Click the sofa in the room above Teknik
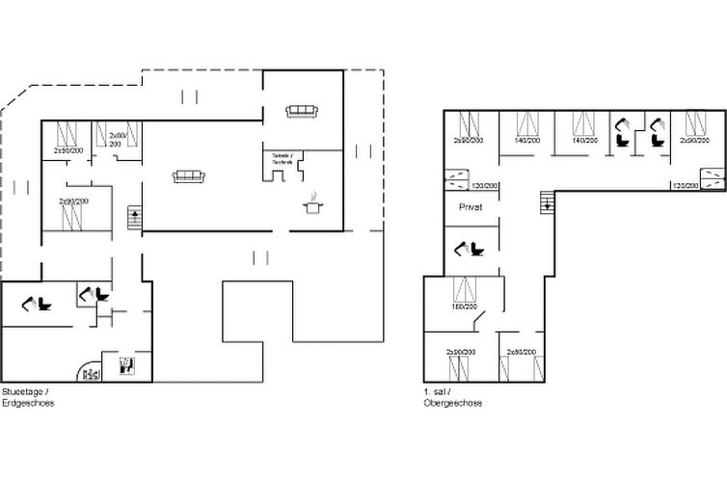click(x=302, y=111)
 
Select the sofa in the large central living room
click(x=188, y=176)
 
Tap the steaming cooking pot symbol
click(x=314, y=205)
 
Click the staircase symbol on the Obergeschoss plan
click(x=546, y=201)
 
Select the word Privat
click(x=471, y=206)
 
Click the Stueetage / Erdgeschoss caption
click(x=28, y=397)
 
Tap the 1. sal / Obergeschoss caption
click(x=452, y=397)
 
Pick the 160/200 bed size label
click(x=466, y=307)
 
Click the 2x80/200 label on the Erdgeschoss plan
click(x=119, y=140)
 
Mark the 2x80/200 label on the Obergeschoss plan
click(x=521, y=353)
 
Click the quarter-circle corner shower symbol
click(x=88, y=372)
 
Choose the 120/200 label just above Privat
click(x=484, y=185)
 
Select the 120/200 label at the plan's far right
click(x=684, y=185)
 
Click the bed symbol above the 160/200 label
click(x=466, y=289)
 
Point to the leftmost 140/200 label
click(x=526, y=141)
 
